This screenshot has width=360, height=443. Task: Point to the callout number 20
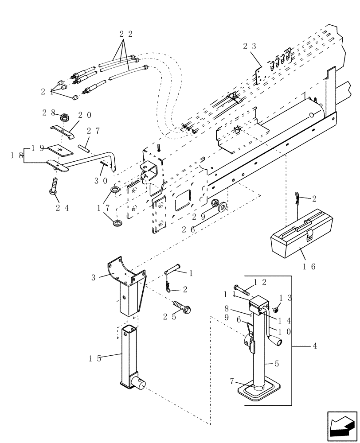click(x=85, y=115)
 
